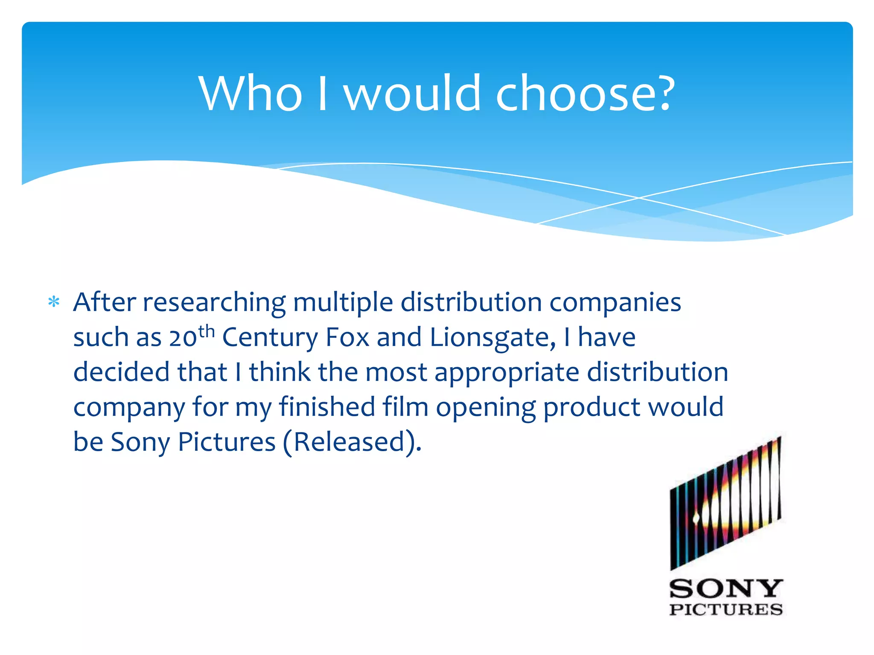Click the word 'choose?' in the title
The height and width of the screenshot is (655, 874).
tap(585, 93)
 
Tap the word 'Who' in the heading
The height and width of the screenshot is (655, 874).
tap(251, 93)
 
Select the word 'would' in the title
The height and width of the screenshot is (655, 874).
tap(413, 93)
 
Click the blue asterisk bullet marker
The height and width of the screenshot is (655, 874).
tap(54, 302)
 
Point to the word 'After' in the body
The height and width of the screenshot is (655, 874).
tap(105, 302)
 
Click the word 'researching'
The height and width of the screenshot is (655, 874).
tap(214, 303)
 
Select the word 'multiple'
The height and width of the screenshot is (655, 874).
tap(343, 303)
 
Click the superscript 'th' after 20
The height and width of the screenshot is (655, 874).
tap(207, 331)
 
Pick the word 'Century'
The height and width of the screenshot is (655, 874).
tap(270, 338)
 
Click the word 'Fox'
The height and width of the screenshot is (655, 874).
tap(347, 337)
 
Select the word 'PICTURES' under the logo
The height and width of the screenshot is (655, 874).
tap(726, 609)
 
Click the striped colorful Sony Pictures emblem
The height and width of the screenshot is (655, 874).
tap(725, 503)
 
